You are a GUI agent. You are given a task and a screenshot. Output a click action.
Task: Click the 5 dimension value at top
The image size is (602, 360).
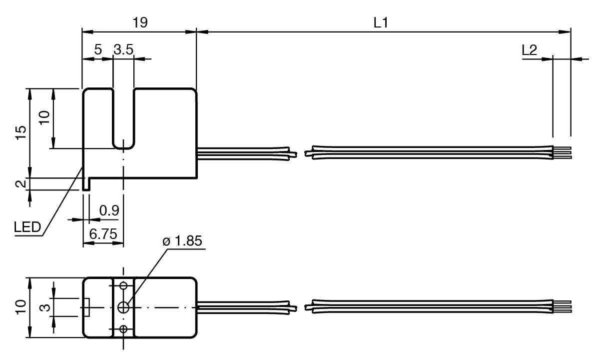[97, 50]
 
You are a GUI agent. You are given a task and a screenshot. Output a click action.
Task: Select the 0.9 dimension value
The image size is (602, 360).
[108, 211]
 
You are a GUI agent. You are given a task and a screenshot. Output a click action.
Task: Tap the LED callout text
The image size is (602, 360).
[27, 228]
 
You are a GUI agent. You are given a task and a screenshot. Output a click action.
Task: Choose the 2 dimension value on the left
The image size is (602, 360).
[20, 184]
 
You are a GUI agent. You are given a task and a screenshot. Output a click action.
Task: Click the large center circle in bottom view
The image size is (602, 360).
[123, 307]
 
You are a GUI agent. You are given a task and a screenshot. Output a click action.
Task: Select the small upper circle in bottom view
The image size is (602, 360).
[123, 285]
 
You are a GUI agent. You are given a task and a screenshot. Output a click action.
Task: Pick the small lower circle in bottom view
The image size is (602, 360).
[123, 328]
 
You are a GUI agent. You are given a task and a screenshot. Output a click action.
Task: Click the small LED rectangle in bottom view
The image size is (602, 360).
[86, 307]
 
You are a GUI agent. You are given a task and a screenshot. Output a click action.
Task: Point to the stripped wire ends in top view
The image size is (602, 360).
[562, 152]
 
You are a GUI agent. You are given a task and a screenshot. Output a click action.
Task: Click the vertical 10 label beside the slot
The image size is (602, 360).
[44, 117]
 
